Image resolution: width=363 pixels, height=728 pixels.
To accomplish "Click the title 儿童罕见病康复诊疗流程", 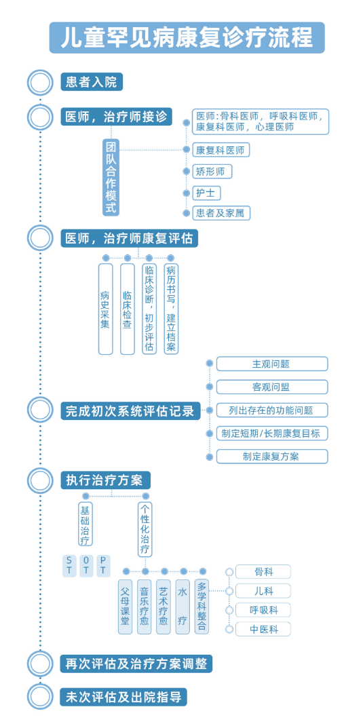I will coord(187,37).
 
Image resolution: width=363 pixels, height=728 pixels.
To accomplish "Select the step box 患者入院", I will coord(92,83).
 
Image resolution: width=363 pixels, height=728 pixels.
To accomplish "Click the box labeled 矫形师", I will coord(212,172).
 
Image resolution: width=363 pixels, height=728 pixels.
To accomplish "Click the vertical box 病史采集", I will coord(105,309).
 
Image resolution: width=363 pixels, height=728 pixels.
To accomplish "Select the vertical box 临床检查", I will coord(127,309).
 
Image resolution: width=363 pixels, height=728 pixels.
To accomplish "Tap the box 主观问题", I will coord(271,364).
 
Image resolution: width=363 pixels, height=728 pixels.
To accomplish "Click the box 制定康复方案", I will coord(271,456).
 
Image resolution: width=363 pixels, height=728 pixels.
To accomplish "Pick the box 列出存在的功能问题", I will coord(271,410).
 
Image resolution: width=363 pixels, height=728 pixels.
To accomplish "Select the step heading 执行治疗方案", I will coord(105,480).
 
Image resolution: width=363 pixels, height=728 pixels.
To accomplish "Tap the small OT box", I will coord(86,565).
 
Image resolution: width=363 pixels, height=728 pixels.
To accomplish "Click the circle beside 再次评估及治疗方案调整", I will coord(40,664).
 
